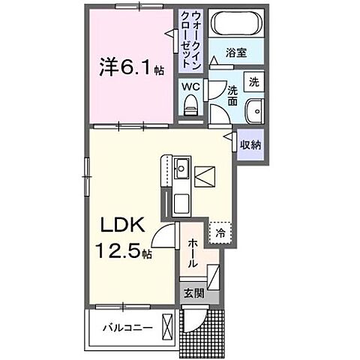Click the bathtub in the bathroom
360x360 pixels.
coord(236,23)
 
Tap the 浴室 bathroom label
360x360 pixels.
coord(236,52)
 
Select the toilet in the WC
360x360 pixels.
coord(190,105)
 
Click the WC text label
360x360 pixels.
coord(190,87)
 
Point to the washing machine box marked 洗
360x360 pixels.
coord(254,82)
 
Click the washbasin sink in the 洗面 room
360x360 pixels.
coord(254,111)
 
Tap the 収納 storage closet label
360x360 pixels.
coord(250,145)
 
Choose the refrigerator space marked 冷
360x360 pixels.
coord(220,232)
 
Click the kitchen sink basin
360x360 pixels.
coord(181,168)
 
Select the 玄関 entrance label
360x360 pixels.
coord(194,293)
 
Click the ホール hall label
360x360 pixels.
coord(193,253)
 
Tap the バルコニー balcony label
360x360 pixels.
coord(127,327)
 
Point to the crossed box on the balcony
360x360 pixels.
coord(167,327)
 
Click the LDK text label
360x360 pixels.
coord(123,225)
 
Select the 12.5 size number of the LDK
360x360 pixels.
coord(118,250)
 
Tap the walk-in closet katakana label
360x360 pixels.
coord(191,40)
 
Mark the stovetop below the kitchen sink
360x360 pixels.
coord(181,203)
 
